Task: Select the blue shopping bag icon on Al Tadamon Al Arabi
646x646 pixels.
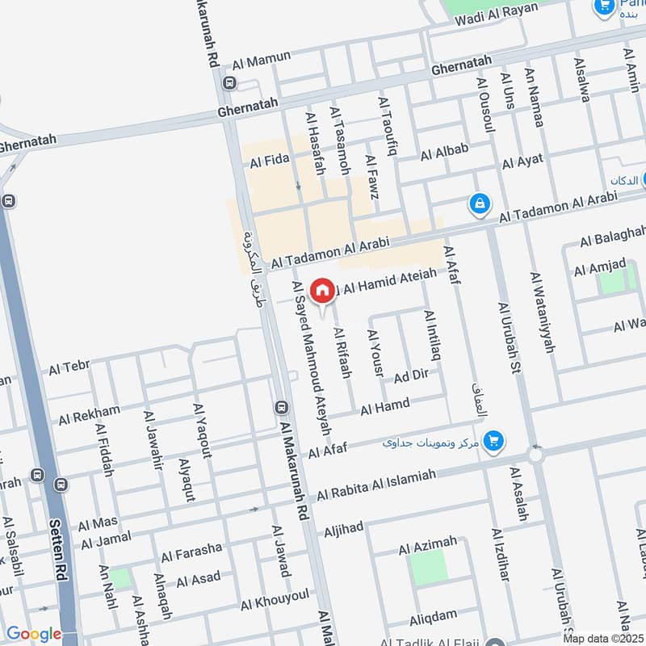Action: tap(480, 204)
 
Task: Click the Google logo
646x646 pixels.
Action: tap(33, 634)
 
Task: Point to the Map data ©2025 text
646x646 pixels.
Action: tap(602, 638)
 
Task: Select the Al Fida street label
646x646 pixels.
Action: tap(269, 162)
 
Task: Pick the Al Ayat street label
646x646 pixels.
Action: tap(522, 161)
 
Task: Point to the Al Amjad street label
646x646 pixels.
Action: tap(600, 266)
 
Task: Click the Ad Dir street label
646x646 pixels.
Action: tap(410, 375)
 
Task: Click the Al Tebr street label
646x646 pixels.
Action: tap(69, 368)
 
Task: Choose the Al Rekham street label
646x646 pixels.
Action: tap(89, 415)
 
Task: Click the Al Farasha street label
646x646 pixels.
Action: tap(191, 552)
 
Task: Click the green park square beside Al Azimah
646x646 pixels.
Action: tap(429, 568)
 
